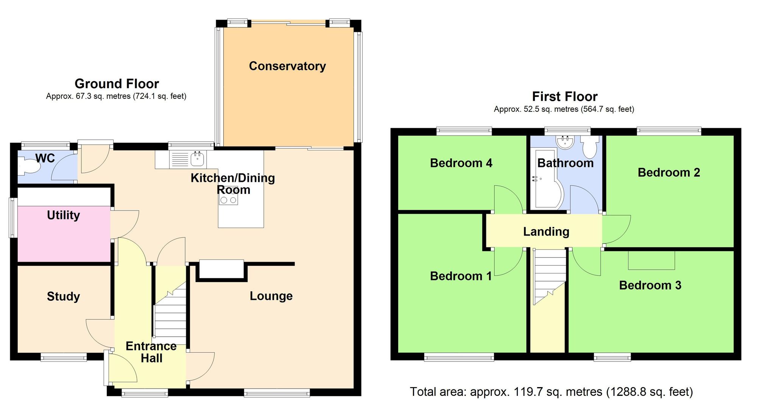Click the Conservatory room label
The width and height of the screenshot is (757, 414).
point(287,66)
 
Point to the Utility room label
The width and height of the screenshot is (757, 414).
point(63,215)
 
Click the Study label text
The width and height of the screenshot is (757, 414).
point(63,296)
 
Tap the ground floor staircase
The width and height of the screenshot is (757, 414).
point(170,314)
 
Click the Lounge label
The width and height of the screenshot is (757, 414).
point(271,296)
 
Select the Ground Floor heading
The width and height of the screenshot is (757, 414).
point(117,84)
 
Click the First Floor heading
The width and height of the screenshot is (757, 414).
point(565,97)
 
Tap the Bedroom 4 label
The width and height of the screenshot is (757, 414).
point(461,163)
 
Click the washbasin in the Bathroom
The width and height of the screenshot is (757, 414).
point(565,142)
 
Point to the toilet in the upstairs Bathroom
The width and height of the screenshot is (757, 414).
point(590,148)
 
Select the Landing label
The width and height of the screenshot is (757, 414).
point(546,231)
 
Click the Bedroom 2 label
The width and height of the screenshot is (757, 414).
point(669,173)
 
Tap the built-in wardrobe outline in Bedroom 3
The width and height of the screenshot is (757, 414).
point(651,260)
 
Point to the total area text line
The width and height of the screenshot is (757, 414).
point(551,392)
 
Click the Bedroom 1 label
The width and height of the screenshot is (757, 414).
point(461,276)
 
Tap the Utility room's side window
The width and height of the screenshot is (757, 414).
point(13,218)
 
